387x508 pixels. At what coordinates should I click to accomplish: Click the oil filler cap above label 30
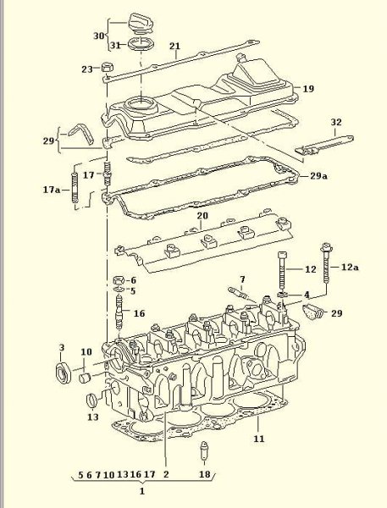pos(141,24)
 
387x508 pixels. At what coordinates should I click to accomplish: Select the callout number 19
pos(308,89)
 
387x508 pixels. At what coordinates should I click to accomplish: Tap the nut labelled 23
pos(107,68)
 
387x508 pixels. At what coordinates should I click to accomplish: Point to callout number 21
pos(174,46)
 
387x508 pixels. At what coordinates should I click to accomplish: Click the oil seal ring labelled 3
pos(64,373)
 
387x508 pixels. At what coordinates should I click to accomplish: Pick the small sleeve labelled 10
pos(86,378)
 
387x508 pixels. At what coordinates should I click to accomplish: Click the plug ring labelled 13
pos(92,401)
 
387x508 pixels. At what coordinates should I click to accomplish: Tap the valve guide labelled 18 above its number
pos(204,450)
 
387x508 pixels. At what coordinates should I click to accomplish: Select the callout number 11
pos(258,439)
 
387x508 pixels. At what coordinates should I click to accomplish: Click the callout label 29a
pos(318,176)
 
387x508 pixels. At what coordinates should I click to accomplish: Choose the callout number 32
pos(336,122)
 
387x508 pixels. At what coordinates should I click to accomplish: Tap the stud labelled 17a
pos(75,188)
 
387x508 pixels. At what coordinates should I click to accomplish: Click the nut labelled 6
pos(119,280)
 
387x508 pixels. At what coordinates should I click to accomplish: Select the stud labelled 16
pos(119,312)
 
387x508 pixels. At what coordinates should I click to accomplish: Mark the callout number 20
pos(202,215)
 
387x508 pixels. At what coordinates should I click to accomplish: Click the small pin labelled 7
pos(238,293)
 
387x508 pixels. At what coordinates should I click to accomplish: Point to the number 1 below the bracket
pos(142,491)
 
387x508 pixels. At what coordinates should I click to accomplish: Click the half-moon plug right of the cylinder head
pos(312,312)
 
